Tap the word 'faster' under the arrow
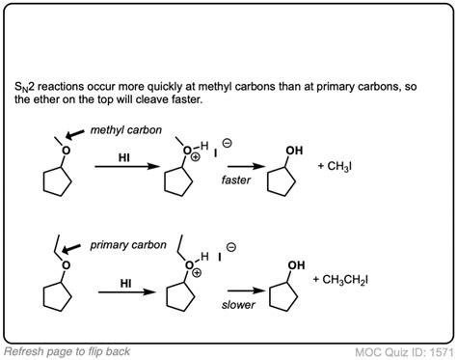click(235, 180)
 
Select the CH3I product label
click(335, 168)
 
